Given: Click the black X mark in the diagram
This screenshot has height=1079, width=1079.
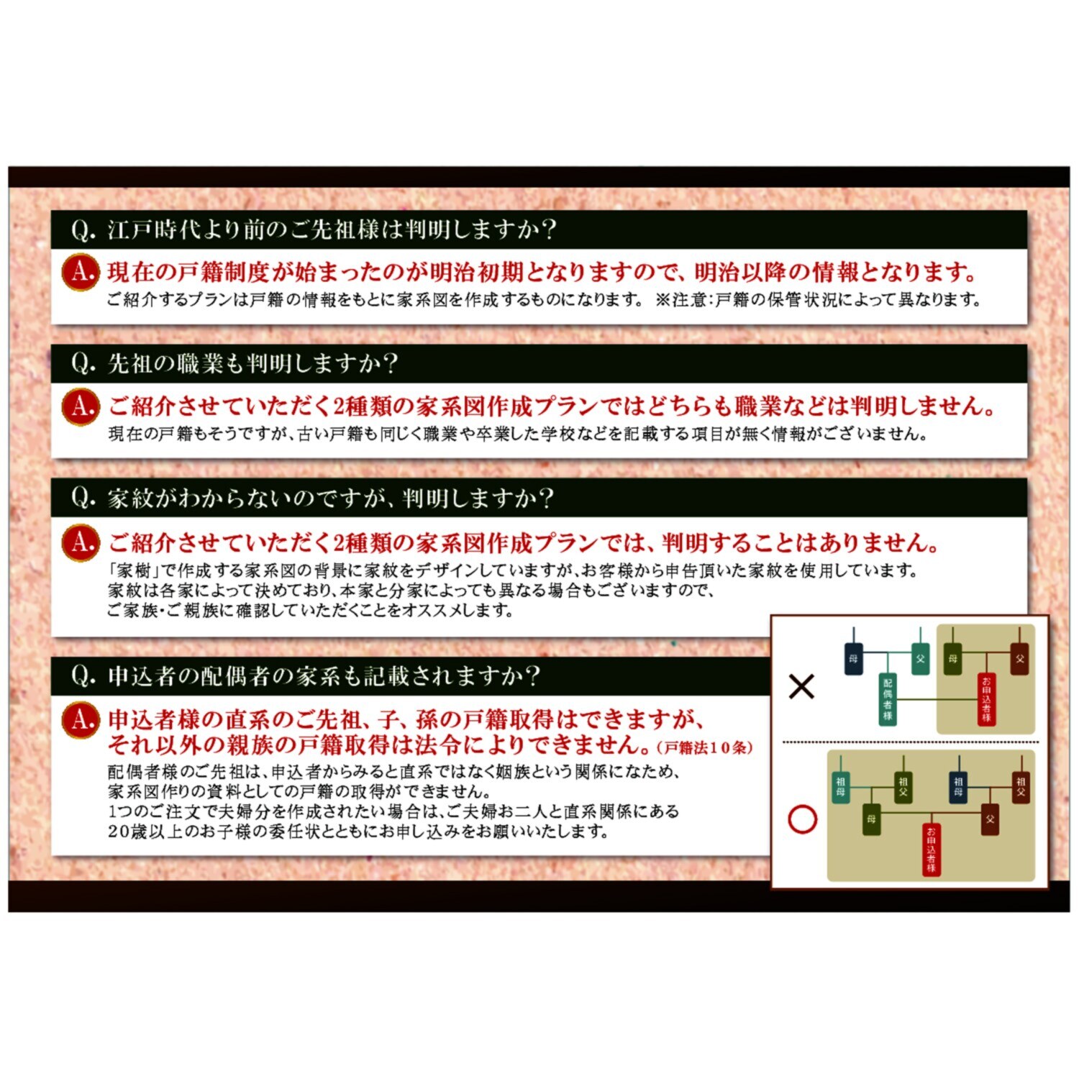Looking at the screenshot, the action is (x=801, y=686).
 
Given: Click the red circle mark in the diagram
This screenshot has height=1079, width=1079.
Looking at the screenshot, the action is (x=803, y=819).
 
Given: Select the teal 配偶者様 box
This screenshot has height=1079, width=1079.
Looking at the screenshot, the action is (x=888, y=699).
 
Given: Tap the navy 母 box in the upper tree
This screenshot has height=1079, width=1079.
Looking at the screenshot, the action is (x=853, y=658).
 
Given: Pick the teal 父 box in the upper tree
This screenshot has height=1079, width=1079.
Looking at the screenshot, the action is (x=920, y=658).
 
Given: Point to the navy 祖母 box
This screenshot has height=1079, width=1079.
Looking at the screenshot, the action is (x=958, y=786).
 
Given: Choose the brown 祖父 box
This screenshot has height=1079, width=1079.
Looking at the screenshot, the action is (x=1020, y=786).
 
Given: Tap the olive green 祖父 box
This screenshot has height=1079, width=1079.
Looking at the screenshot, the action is (x=903, y=786).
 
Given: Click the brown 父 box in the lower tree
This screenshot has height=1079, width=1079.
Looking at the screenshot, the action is (x=990, y=819).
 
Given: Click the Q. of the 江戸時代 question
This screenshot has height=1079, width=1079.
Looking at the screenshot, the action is (x=83, y=230).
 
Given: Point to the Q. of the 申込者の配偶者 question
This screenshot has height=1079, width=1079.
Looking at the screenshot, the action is (x=83, y=676).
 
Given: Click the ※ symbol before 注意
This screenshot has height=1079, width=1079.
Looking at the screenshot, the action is (x=663, y=299).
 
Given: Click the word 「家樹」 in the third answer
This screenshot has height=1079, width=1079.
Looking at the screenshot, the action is (x=134, y=571).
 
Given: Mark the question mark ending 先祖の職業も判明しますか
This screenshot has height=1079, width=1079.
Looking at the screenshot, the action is (x=390, y=363).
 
